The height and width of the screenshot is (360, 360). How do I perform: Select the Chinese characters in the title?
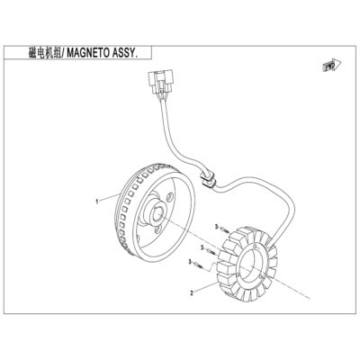click(x=44, y=53)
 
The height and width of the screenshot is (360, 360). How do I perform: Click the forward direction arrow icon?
click(x=332, y=65)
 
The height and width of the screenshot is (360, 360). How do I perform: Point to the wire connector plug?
click(x=160, y=81)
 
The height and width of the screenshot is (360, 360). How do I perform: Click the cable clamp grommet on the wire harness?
click(x=208, y=180)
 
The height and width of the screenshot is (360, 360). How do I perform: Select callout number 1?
click(x=97, y=202)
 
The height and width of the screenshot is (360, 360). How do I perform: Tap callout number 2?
click(x=191, y=292)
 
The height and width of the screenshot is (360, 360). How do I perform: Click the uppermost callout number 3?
click(x=216, y=228)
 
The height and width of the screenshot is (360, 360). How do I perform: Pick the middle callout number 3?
click(x=202, y=247)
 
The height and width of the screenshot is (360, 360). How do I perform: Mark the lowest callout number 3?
click(x=190, y=262)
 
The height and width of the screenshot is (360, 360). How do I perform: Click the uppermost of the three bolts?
click(x=226, y=230)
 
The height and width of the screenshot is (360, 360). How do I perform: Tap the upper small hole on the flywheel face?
click(x=170, y=197)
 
